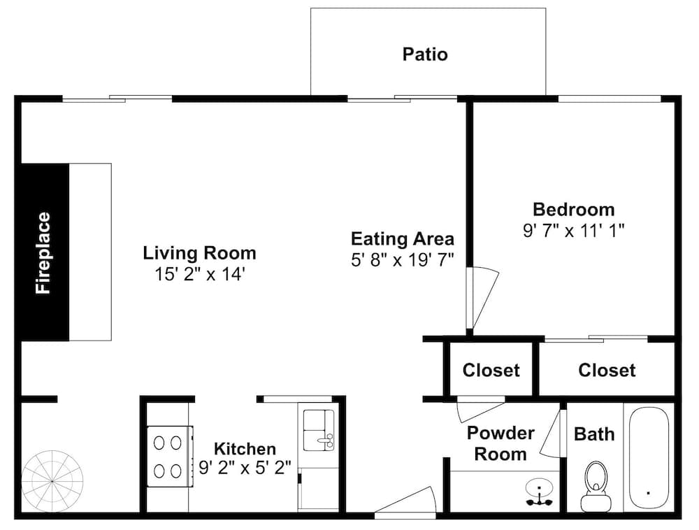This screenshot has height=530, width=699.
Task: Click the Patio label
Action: [425, 55]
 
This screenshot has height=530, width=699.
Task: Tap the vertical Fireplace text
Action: [43, 252]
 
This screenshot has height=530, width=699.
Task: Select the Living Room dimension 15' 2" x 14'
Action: [200, 274]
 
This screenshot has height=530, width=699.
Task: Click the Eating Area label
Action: [403, 239]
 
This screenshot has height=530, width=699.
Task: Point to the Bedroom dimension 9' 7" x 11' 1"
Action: [574, 231]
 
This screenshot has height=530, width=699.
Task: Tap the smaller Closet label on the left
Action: [491, 371]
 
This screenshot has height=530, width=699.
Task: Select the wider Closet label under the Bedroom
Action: [607, 371]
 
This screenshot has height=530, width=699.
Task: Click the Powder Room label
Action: [500, 443]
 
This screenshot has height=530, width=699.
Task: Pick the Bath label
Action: [594, 434]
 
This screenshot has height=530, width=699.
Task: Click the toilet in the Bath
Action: [595, 487]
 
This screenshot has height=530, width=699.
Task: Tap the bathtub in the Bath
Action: [649, 457]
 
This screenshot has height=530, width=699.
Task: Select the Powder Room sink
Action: [540, 492]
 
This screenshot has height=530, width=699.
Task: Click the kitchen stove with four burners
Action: [171, 457]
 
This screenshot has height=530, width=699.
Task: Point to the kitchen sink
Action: [319, 430]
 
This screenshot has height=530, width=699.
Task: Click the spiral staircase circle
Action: [52, 482]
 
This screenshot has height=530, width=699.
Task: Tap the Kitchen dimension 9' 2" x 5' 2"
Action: [245, 468]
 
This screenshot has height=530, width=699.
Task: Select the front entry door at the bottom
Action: [405, 501]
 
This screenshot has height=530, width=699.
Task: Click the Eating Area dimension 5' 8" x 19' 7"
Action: [403, 259]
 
